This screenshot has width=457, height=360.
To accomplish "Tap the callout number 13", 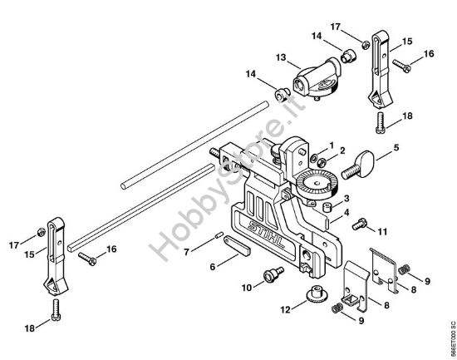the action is click(x=281, y=57).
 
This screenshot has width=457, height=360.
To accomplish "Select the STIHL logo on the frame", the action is click(x=266, y=234).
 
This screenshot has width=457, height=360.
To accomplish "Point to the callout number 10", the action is click(x=247, y=288).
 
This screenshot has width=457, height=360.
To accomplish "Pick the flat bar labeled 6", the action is click(x=237, y=246).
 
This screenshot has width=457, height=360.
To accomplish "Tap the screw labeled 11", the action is click(x=359, y=224).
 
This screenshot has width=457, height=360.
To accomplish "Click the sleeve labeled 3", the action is click(x=327, y=207).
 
